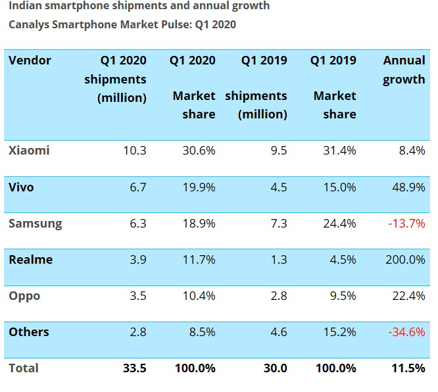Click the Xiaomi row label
coord(29,151)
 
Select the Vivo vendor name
coord(21,187)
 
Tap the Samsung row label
coord(36,224)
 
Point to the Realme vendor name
coord(30,260)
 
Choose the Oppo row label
coord(24,296)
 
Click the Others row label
coord(29,331)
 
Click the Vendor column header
coord(30,61)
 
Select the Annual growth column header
coord(404,70)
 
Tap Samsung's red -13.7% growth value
coord(407,224)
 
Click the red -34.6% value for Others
coord(407,331)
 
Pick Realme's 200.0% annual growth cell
coord(404,260)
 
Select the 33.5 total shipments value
coord(134,368)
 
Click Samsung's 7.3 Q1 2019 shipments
coord(279,224)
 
